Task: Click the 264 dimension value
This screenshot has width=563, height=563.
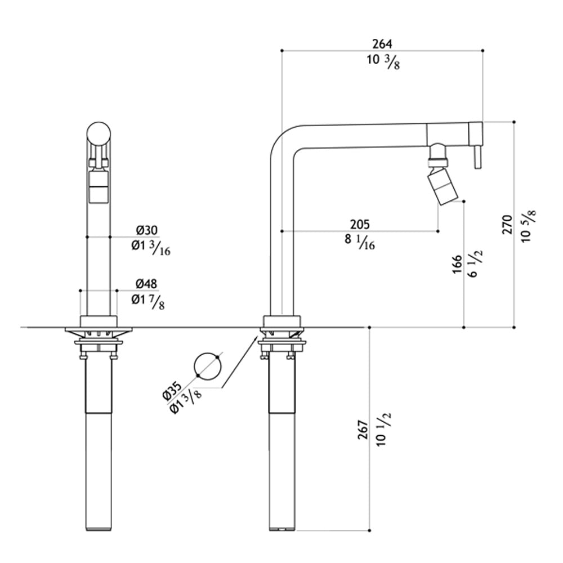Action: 382,44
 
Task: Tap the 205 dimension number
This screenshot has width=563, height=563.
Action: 360,225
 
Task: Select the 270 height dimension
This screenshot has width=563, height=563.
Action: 507,225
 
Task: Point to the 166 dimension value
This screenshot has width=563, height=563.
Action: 457,265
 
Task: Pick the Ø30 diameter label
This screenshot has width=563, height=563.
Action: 146,230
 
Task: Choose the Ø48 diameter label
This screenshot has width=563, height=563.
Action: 146,284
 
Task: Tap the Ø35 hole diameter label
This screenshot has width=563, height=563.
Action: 172,392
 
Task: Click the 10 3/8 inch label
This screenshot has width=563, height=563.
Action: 383,61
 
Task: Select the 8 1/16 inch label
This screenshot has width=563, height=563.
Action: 360,242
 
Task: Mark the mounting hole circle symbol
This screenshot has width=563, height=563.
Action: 208,367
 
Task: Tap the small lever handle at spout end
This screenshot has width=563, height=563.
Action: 477,157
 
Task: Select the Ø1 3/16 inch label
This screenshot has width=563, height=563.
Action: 151,248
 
